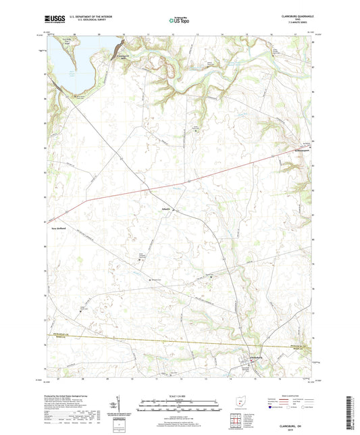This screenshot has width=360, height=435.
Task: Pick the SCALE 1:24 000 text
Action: coord(179,396)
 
